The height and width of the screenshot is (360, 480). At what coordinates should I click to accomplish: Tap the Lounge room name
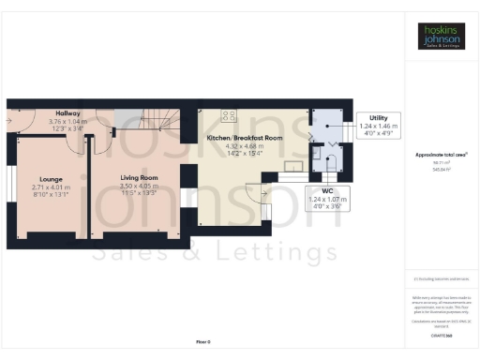[51, 177]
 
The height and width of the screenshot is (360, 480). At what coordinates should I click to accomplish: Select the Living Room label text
[139, 177]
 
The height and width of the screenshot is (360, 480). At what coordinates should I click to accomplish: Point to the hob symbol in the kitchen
[228, 116]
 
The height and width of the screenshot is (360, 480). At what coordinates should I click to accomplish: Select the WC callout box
[328, 197]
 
